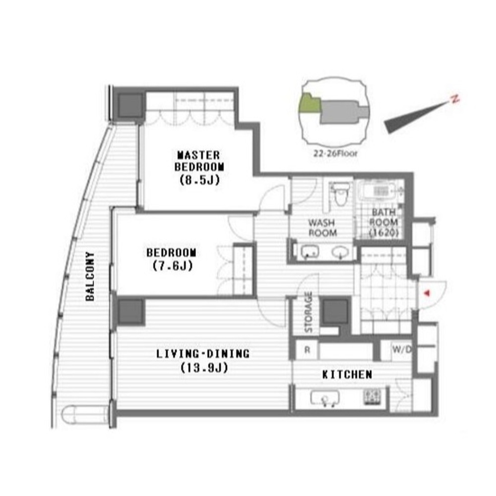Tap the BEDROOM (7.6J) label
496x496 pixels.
tap(172, 259)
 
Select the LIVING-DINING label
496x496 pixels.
tap(203, 360)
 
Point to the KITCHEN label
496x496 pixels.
tap(347, 375)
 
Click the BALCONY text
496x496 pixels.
tap(90, 276)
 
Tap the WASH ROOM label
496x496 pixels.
tap(323, 227)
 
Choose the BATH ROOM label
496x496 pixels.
tap(384, 222)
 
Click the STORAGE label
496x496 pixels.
tap(309, 312)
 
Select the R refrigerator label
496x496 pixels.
tap(307, 350)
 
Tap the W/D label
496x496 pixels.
tap(402, 350)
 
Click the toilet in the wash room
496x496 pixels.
tap(340, 194)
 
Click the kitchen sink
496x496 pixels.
tap(325, 398)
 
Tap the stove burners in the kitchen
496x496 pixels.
tap(372, 397)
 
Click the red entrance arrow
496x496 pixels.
tap(427, 293)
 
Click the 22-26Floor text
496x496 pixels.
tap(335, 153)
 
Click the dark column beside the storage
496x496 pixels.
tap(335, 311)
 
